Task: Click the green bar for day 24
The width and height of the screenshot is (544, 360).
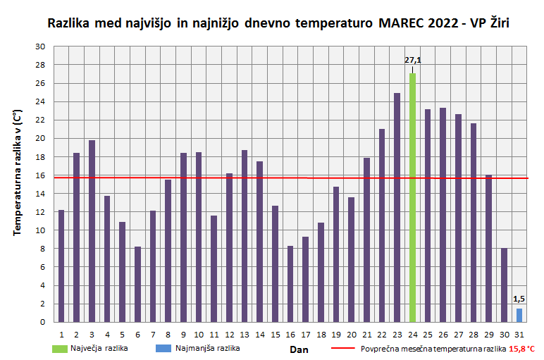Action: click(412, 197)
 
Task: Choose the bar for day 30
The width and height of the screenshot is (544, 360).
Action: click(504, 285)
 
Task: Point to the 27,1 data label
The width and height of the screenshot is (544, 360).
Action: click(412, 60)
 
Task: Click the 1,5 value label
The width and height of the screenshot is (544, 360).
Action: click(519, 299)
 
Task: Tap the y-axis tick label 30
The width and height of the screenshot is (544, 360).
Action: click(40, 46)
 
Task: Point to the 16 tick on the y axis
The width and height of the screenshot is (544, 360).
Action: click(40, 175)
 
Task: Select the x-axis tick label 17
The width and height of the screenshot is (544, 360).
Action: click(305, 334)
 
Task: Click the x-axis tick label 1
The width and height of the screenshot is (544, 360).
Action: click(61, 334)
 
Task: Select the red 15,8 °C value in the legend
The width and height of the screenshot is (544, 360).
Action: click(521, 349)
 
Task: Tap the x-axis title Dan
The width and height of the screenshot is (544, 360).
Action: click(299, 349)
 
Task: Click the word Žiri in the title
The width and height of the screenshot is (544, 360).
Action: click(499, 23)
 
